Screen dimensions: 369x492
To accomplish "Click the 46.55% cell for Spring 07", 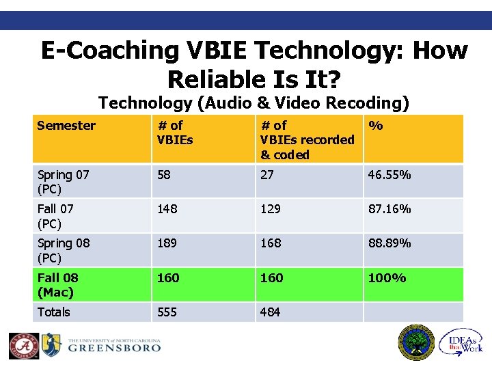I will pyautogui.click(x=389, y=175).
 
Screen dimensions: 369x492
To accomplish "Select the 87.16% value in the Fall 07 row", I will pyautogui.click(x=389, y=208).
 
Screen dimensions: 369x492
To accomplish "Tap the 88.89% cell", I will pyautogui.click(x=389, y=243).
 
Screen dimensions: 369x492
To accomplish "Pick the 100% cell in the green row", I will pyautogui.click(x=387, y=277).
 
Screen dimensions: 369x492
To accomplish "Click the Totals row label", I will pyautogui.click(x=53, y=312).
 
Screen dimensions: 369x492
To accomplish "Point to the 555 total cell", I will pyautogui.click(x=167, y=312).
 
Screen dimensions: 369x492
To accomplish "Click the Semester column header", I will pyautogui.click(x=66, y=125).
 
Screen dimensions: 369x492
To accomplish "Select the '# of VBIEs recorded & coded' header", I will pyautogui.click(x=307, y=139).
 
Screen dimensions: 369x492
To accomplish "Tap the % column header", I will pyautogui.click(x=376, y=126).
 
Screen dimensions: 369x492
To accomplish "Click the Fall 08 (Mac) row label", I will pyautogui.click(x=57, y=284).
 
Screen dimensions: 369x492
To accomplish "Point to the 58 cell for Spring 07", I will pyautogui.click(x=164, y=175).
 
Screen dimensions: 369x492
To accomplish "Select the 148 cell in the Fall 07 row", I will pyautogui.click(x=167, y=208).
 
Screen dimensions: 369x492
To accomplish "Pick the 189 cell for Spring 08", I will pyautogui.click(x=167, y=243).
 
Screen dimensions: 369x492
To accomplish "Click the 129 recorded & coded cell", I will pyautogui.click(x=270, y=208).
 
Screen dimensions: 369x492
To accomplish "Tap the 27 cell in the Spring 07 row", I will pyautogui.click(x=266, y=175).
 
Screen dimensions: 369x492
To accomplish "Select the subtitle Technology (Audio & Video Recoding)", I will pyautogui.click(x=254, y=103).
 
